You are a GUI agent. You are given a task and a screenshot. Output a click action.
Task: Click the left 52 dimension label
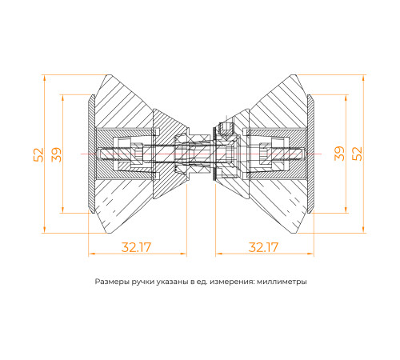[x=38, y=154]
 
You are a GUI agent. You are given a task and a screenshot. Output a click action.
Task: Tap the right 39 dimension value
[x=340, y=154]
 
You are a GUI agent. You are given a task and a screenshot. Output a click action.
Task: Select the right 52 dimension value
[x=359, y=154]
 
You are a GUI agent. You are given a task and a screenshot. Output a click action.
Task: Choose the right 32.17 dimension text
[x=262, y=247]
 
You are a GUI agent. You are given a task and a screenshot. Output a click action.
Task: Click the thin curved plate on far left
[x=88, y=154]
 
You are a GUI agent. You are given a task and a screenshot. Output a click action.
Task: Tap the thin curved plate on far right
[x=312, y=154]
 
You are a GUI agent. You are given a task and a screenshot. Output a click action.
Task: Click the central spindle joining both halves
[x=200, y=153]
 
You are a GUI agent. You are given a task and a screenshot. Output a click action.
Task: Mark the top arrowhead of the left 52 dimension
[x=46, y=78]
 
